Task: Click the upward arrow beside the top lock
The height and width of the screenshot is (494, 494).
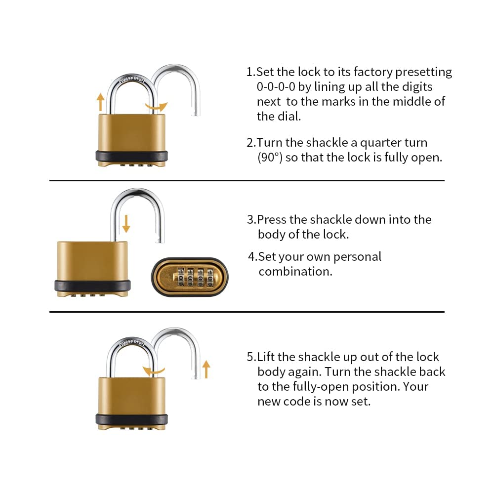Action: (x=101, y=102)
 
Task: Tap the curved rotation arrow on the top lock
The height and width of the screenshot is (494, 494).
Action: (x=157, y=106)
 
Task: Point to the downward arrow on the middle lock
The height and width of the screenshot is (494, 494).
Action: (x=126, y=223)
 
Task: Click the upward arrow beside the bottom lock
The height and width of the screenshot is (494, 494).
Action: (x=206, y=369)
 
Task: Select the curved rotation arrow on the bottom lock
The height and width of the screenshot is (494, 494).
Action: (x=152, y=370)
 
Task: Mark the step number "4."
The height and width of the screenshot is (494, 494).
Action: (x=252, y=257)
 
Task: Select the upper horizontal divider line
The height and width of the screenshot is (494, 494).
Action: (x=247, y=181)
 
